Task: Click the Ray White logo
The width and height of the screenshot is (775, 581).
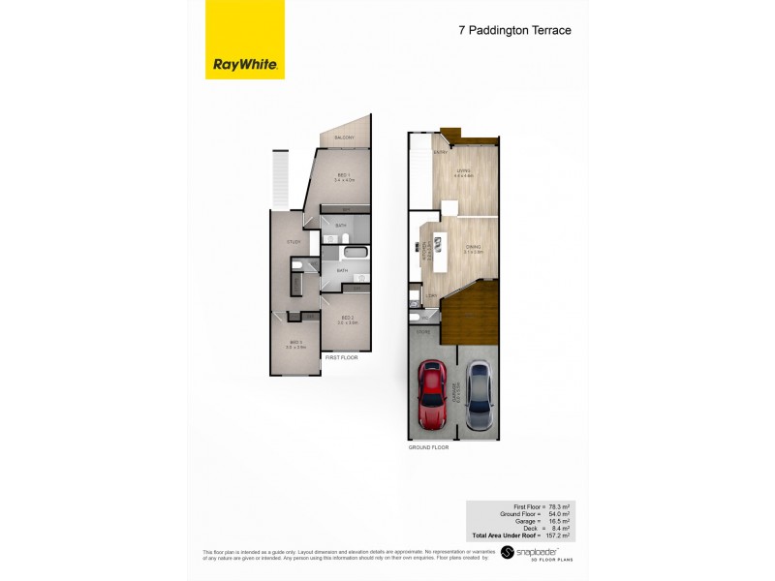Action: click(x=245, y=65)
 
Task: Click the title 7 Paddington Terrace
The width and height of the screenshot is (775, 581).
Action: click(x=514, y=30)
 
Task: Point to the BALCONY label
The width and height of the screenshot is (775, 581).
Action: click(x=344, y=138)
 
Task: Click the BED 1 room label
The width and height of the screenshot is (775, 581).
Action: click(x=343, y=176)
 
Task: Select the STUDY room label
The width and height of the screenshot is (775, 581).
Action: click(x=294, y=241)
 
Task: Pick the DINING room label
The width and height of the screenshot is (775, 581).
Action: click(x=473, y=246)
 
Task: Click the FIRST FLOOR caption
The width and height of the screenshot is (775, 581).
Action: click(x=341, y=357)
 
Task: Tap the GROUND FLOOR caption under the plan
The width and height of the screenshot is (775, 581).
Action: click(x=428, y=446)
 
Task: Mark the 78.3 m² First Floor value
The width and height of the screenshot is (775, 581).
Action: click(x=557, y=506)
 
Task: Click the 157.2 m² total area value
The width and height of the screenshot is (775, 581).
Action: click(x=556, y=535)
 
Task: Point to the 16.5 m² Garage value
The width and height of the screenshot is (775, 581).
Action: click(x=557, y=521)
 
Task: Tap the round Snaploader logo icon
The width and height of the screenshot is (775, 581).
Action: click(x=507, y=555)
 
